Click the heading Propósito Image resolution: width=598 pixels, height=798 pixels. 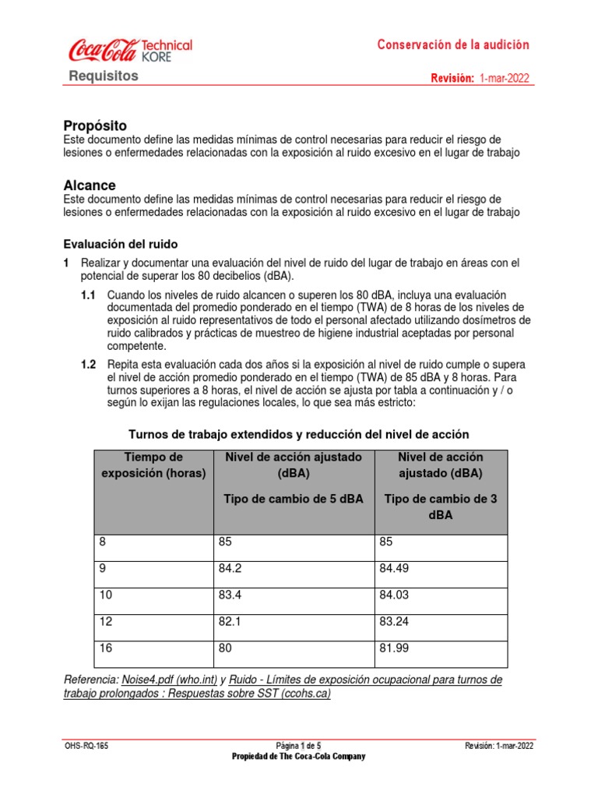tap(94, 125)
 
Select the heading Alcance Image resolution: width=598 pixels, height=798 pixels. tap(89, 185)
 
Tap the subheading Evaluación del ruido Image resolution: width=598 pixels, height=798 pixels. tap(121, 244)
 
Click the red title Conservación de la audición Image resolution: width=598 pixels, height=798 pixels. tap(453, 45)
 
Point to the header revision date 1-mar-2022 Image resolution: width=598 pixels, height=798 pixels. tap(506, 79)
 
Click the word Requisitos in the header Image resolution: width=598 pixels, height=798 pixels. tap(104, 76)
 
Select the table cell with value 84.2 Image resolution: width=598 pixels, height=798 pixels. tap(234, 569)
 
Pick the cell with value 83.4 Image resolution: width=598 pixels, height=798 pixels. tap(234, 595)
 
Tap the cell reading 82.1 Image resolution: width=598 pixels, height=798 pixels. tap(234, 622)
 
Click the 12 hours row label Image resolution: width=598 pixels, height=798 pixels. tap(106, 622)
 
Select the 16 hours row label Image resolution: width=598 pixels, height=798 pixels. tap(106, 648)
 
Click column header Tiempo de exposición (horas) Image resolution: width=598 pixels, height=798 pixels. tap(153, 465)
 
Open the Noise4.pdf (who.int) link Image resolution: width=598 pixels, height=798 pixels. tap(164, 680)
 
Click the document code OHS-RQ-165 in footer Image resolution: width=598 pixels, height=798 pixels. tap(86, 746)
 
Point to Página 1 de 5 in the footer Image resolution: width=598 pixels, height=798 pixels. tap(298, 746)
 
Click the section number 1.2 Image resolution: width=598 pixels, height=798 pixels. tap(88, 365)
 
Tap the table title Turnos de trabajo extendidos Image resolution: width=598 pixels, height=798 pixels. tap(298, 433)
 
